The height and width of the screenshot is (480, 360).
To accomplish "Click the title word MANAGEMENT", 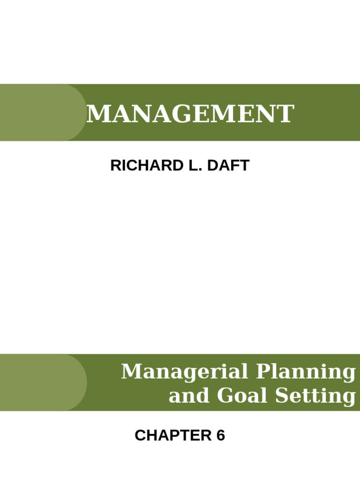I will (190, 114).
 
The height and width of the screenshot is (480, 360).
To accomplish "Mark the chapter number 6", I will (220, 435).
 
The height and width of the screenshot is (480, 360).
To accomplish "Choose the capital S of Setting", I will (281, 396).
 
